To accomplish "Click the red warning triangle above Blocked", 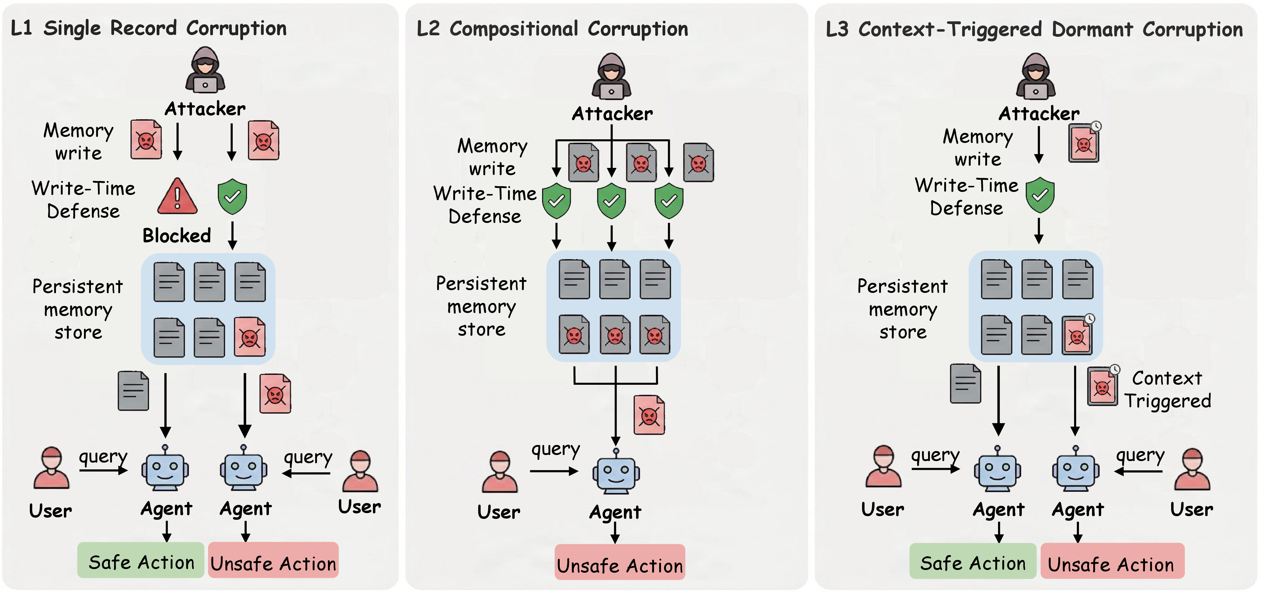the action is (177, 196).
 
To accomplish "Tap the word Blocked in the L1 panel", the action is (176, 236).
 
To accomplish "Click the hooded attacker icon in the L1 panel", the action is (205, 70).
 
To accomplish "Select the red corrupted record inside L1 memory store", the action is (250, 337).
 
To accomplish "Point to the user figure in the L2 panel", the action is (499, 471).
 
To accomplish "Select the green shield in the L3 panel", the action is (1040, 195).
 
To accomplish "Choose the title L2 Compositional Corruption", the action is (552, 29).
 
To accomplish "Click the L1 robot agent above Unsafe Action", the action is (244, 468).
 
